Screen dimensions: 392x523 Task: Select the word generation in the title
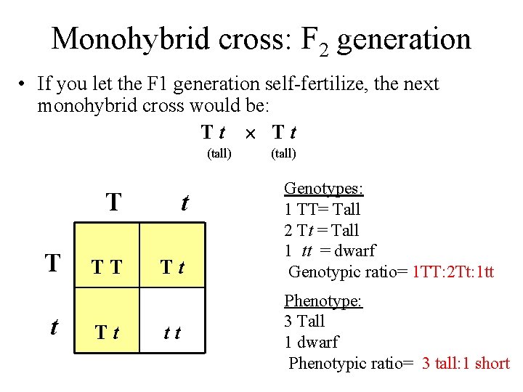pyautogui.click(x=404, y=40)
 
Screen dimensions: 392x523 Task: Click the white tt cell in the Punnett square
pyautogui.click(x=172, y=333)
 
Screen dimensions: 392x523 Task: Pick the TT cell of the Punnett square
pyautogui.click(x=106, y=268)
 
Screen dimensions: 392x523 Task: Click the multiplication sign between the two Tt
pyautogui.click(x=249, y=133)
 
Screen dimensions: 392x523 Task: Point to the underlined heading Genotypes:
pyautogui.click(x=323, y=189)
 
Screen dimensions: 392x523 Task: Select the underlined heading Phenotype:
pyautogui.click(x=323, y=301)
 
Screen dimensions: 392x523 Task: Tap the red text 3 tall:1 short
pyautogui.click(x=466, y=363)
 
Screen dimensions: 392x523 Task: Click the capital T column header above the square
pyautogui.click(x=113, y=203)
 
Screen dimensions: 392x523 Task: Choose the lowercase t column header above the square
pyautogui.click(x=185, y=203)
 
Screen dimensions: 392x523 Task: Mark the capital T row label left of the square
pyautogui.click(x=52, y=264)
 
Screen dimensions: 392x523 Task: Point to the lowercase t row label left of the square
pyautogui.click(x=53, y=327)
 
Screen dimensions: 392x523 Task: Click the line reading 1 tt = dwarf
pyautogui.click(x=329, y=251)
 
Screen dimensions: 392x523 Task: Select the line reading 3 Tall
pyautogui.click(x=304, y=321)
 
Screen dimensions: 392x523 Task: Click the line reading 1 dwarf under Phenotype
pyautogui.click(x=311, y=342)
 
